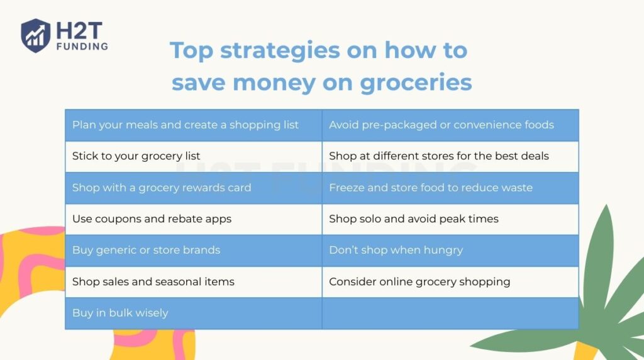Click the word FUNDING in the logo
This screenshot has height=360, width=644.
pos(82,46)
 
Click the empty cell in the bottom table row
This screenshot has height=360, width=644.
pos(450,313)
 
